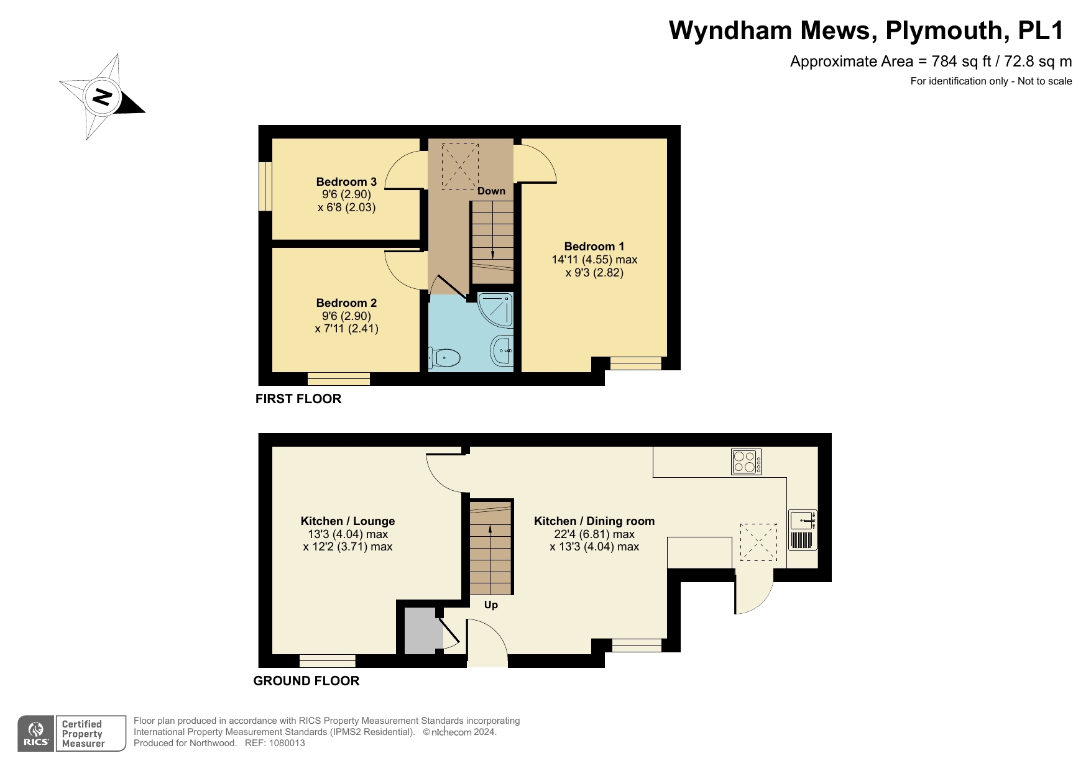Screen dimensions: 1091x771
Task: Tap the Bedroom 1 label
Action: click(x=594, y=246)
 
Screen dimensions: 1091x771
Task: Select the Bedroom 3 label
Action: click(x=346, y=182)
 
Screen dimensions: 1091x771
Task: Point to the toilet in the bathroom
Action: click(x=446, y=357)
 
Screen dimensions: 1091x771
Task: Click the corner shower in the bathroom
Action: click(x=498, y=309)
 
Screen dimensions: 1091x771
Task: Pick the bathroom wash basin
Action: click(x=502, y=350)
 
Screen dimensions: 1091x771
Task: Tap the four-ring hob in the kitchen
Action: click(x=746, y=462)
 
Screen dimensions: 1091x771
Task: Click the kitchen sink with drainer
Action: click(x=803, y=530)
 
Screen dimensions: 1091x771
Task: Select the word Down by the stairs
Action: click(x=491, y=191)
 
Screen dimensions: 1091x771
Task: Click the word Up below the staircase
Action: click(x=490, y=604)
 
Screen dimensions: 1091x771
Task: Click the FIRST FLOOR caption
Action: click(x=298, y=399)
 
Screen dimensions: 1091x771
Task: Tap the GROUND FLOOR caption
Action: click(x=306, y=681)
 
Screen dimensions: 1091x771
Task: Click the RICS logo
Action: click(x=36, y=734)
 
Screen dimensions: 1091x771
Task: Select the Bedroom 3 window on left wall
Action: click(x=265, y=186)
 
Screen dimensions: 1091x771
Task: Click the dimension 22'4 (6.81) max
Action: click(x=594, y=534)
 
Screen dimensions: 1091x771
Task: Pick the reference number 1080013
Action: click(x=285, y=743)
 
